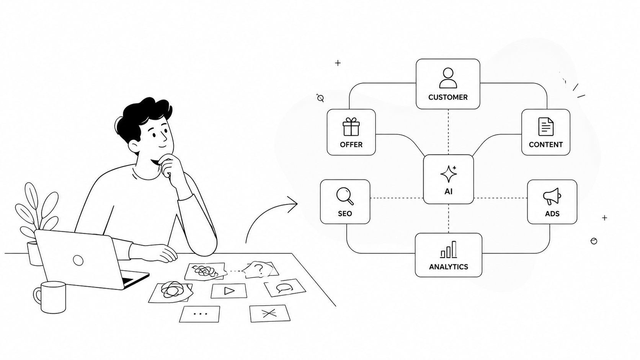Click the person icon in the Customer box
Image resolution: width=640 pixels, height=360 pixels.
click(x=448, y=78)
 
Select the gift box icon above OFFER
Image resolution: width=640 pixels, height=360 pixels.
click(x=351, y=127)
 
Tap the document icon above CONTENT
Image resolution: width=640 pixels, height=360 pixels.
click(x=546, y=127)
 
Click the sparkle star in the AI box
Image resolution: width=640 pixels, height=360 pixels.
click(x=449, y=174)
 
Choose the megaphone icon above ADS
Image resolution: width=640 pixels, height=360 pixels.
click(x=552, y=196)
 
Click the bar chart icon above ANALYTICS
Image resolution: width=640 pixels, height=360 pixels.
click(x=448, y=249)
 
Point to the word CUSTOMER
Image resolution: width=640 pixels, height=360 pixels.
click(x=448, y=97)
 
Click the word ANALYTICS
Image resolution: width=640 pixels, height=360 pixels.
click(x=449, y=267)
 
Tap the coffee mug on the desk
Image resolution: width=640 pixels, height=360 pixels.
click(x=50, y=297)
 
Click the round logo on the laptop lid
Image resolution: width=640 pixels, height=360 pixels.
click(x=78, y=261)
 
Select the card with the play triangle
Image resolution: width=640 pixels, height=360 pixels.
click(x=229, y=291)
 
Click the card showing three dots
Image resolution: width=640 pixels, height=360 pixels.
click(x=200, y=314)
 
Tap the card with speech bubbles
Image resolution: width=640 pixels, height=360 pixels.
click(x=285, y=288)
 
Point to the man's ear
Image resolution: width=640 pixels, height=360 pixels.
click(x=134, y=146)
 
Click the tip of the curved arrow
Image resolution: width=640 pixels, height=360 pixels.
click(x=297, y=204)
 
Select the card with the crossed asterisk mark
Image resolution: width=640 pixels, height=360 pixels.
click(x=270, y=313)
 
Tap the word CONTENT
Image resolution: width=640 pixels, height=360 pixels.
click(x=546, y=145)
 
